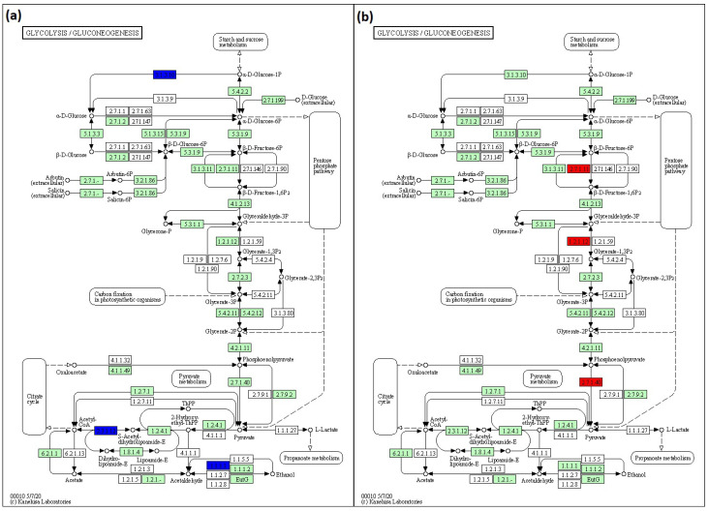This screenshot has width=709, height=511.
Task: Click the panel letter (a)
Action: pos(16,16)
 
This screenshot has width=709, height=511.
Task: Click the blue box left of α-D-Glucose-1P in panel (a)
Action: pos(165,74)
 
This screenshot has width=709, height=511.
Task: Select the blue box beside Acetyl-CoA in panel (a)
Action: pos(106,429)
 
